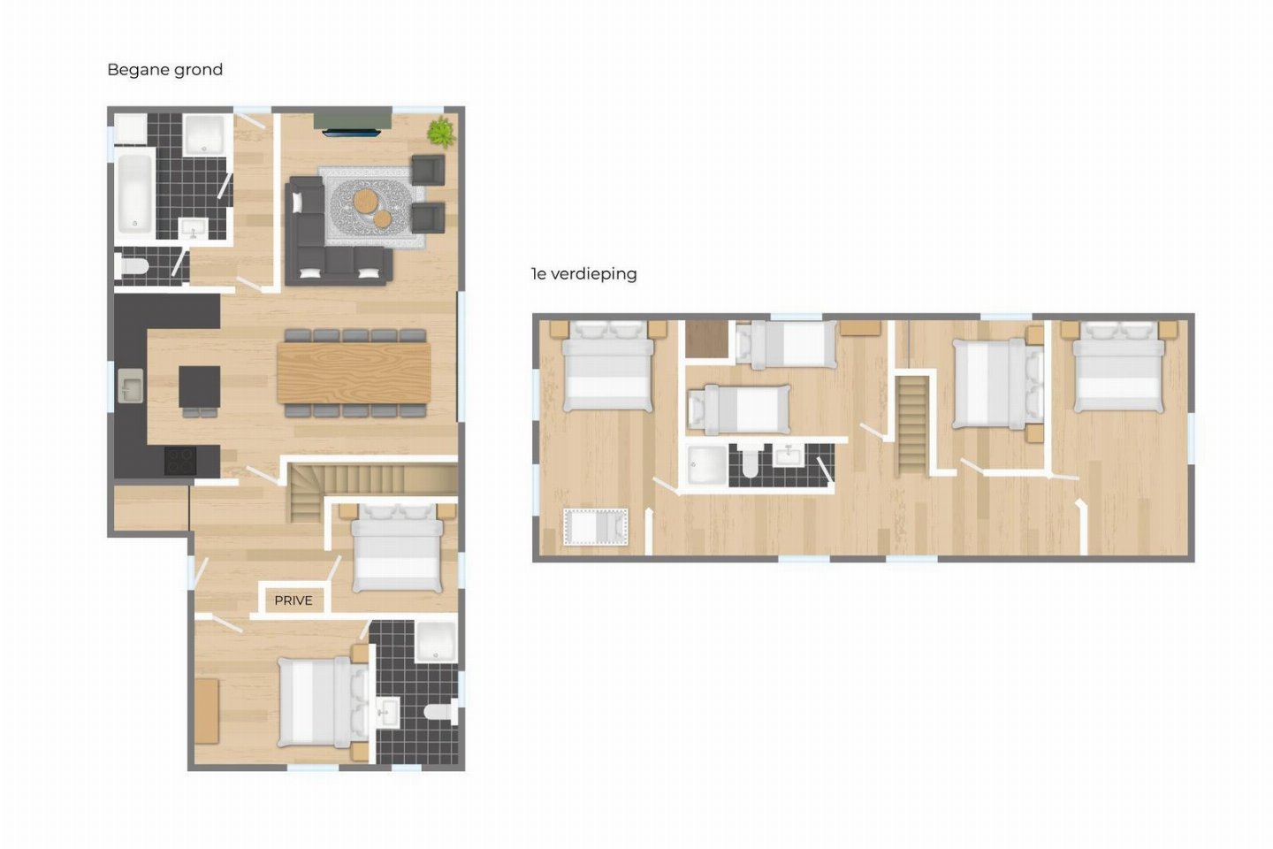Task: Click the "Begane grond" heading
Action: pos(164,70)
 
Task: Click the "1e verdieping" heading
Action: pos(584,274)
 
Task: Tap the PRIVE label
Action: pos(293,600)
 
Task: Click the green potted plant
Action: pos(442,133)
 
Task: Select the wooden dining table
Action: pos(354,373)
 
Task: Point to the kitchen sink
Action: pos(130,386)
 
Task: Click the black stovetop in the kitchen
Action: pos(180,461)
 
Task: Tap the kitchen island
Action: pos(200,386)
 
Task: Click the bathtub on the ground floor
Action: pos(134,192)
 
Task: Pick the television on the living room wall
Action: pos(352,133)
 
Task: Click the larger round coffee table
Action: pos(365,201)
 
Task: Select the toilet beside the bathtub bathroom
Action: pos(132,266)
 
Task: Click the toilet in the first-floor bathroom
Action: pos(751,463)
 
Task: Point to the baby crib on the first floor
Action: pos(596,527)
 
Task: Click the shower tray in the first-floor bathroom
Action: pos(706,466)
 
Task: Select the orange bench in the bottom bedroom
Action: pos(207,711)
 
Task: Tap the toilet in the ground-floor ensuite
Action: pos(441,711)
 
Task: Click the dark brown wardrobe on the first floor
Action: pos(707,340)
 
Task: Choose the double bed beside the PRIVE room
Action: pos(397,548)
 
